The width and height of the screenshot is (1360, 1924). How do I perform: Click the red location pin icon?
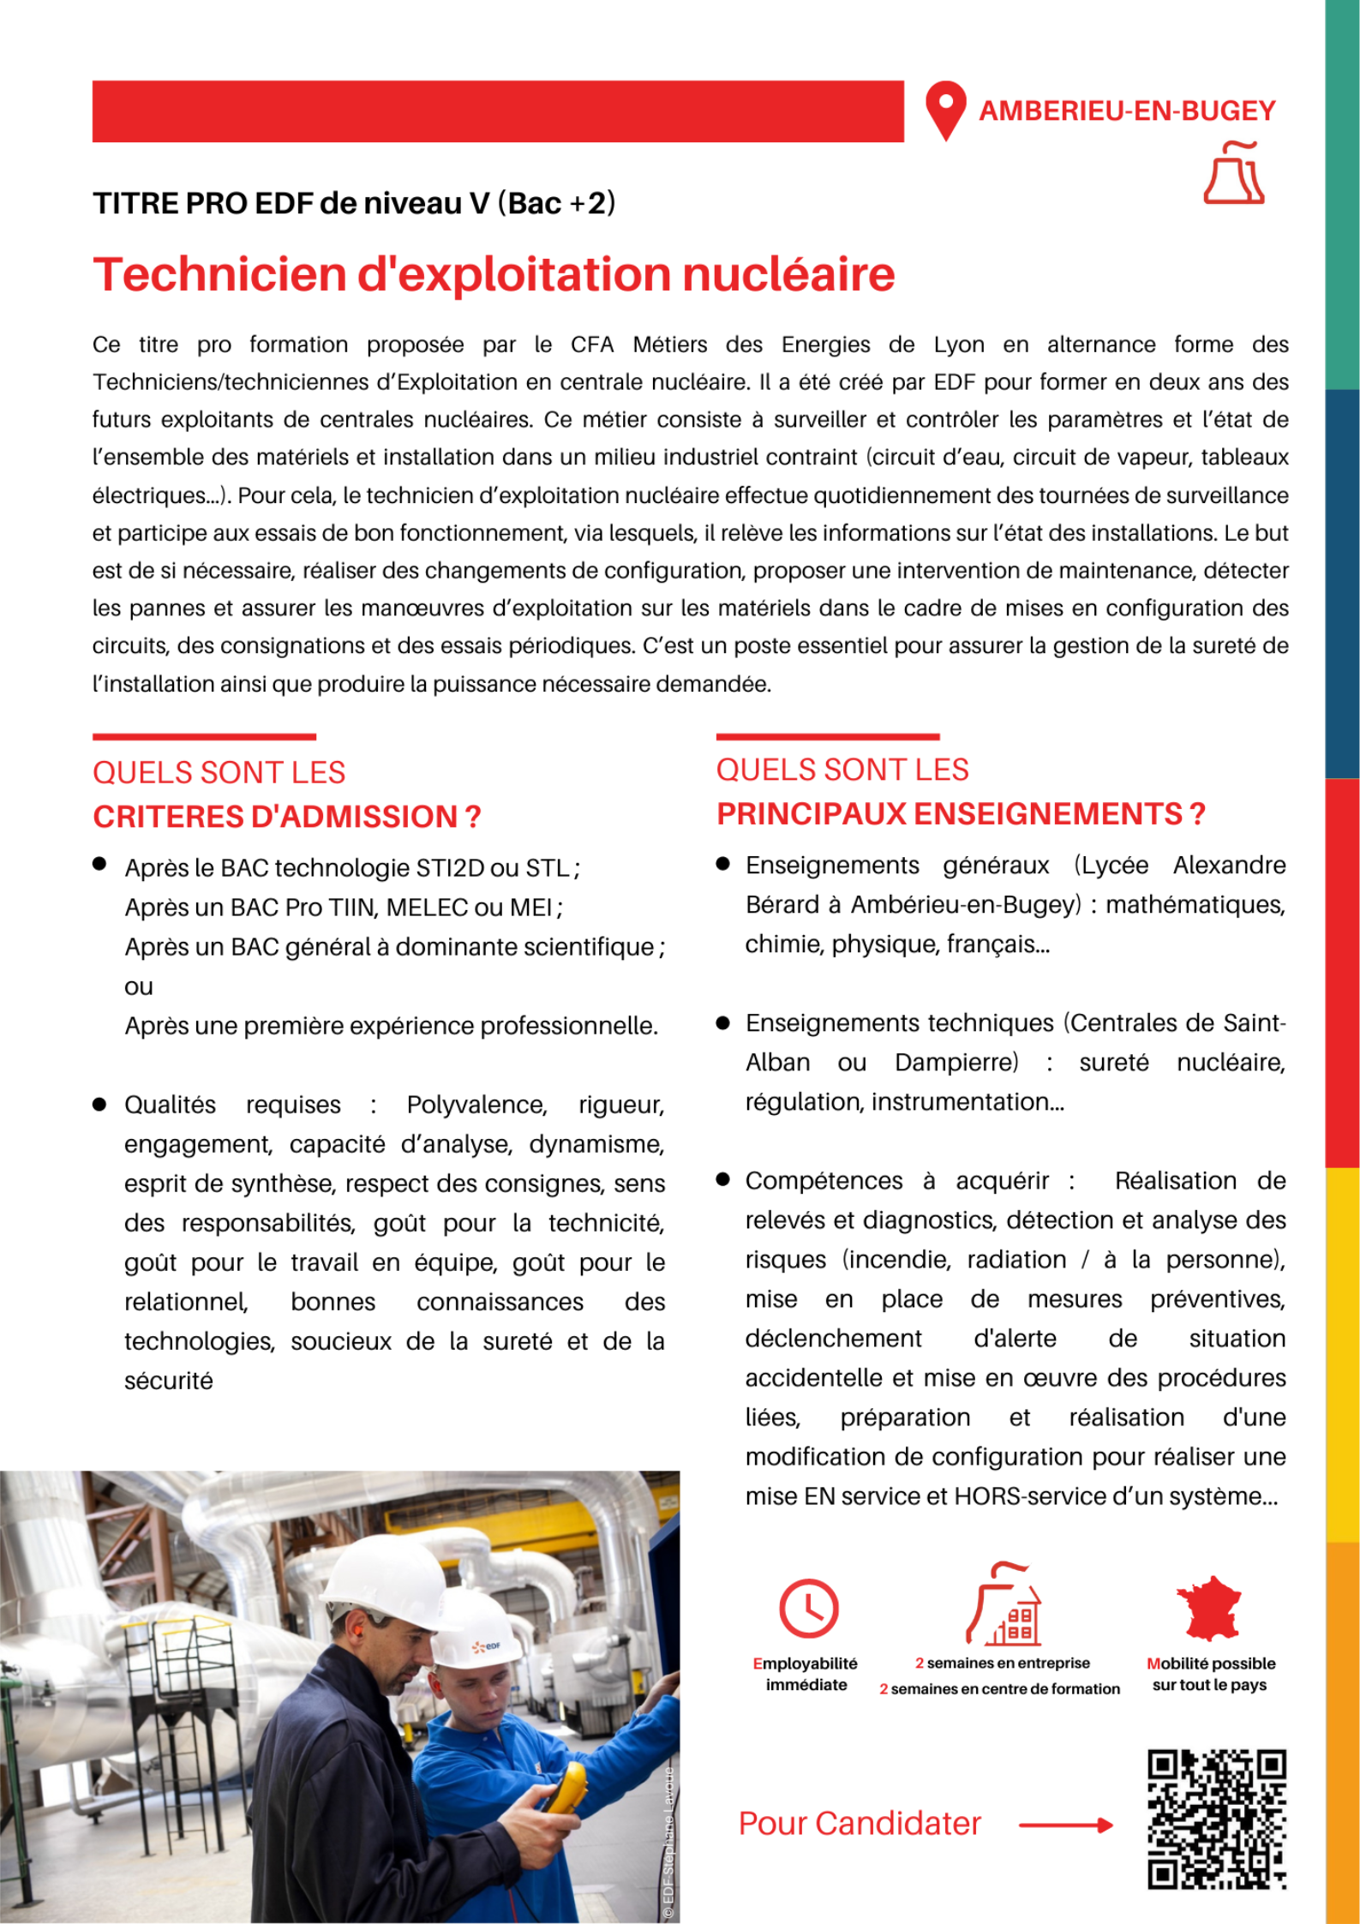click(945, 110)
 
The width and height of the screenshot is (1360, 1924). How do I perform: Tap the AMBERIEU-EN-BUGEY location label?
click(1127, 111)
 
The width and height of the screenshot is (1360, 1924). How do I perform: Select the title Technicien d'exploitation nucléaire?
click(494, 274)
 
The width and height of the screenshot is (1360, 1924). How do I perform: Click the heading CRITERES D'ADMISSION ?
click(286, 817)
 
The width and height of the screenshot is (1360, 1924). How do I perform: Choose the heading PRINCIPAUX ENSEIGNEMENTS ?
click(960, 813)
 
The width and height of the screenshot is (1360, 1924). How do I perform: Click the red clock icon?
click(808, 1609)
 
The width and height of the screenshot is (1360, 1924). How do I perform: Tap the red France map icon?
click(1208, 1609)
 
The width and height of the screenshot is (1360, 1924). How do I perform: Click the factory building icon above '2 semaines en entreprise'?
click(1004, 1604)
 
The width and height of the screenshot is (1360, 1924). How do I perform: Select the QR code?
click(1216, 1819)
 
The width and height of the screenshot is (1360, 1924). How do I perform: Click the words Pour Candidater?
click(859, 1824)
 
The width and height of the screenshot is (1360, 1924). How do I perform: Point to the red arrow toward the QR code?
click(1065, 1825)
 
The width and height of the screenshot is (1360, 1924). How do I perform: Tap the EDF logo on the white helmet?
click(486, 1646)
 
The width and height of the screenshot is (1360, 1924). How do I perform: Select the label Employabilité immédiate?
click(806, 1674)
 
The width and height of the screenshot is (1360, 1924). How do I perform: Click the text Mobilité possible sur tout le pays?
click(1210, 1674)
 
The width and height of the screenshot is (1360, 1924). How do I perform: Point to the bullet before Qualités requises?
click(99, 1105)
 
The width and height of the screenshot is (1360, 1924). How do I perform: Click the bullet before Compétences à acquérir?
click(722, 1180)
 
